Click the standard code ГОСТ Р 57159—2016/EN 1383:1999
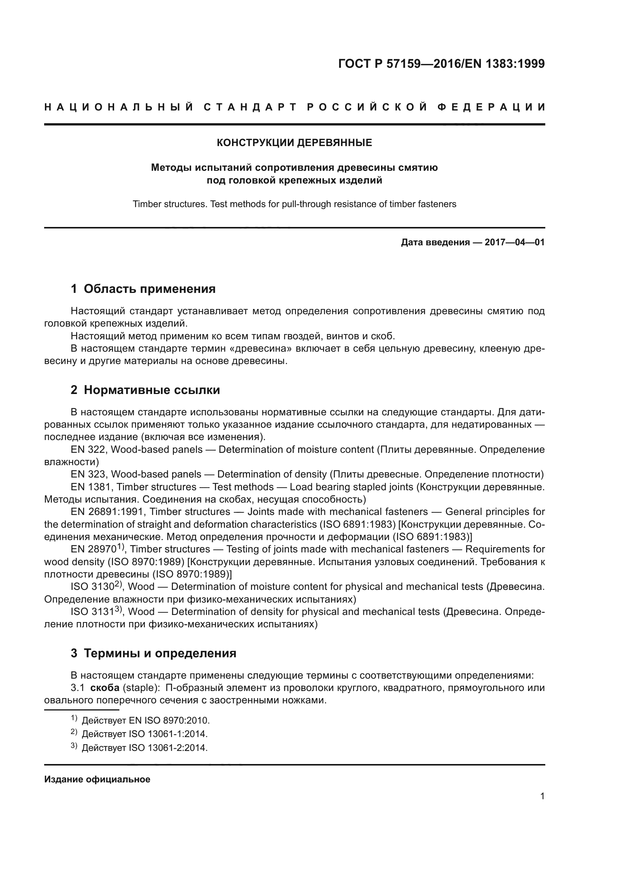(x=441, y=64)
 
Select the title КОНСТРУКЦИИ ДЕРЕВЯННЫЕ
(x=294, y=143)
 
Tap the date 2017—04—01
(x=514, y=242)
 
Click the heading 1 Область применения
(x=143, y=289)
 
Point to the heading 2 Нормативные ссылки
(x=145, y=390)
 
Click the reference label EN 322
(x=89, y=449)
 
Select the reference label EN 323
(x=89, y=474)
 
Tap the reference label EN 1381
(x=92, y=487)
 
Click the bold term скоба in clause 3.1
(x=105, y=688)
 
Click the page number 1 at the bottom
(x=542, y=796)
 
